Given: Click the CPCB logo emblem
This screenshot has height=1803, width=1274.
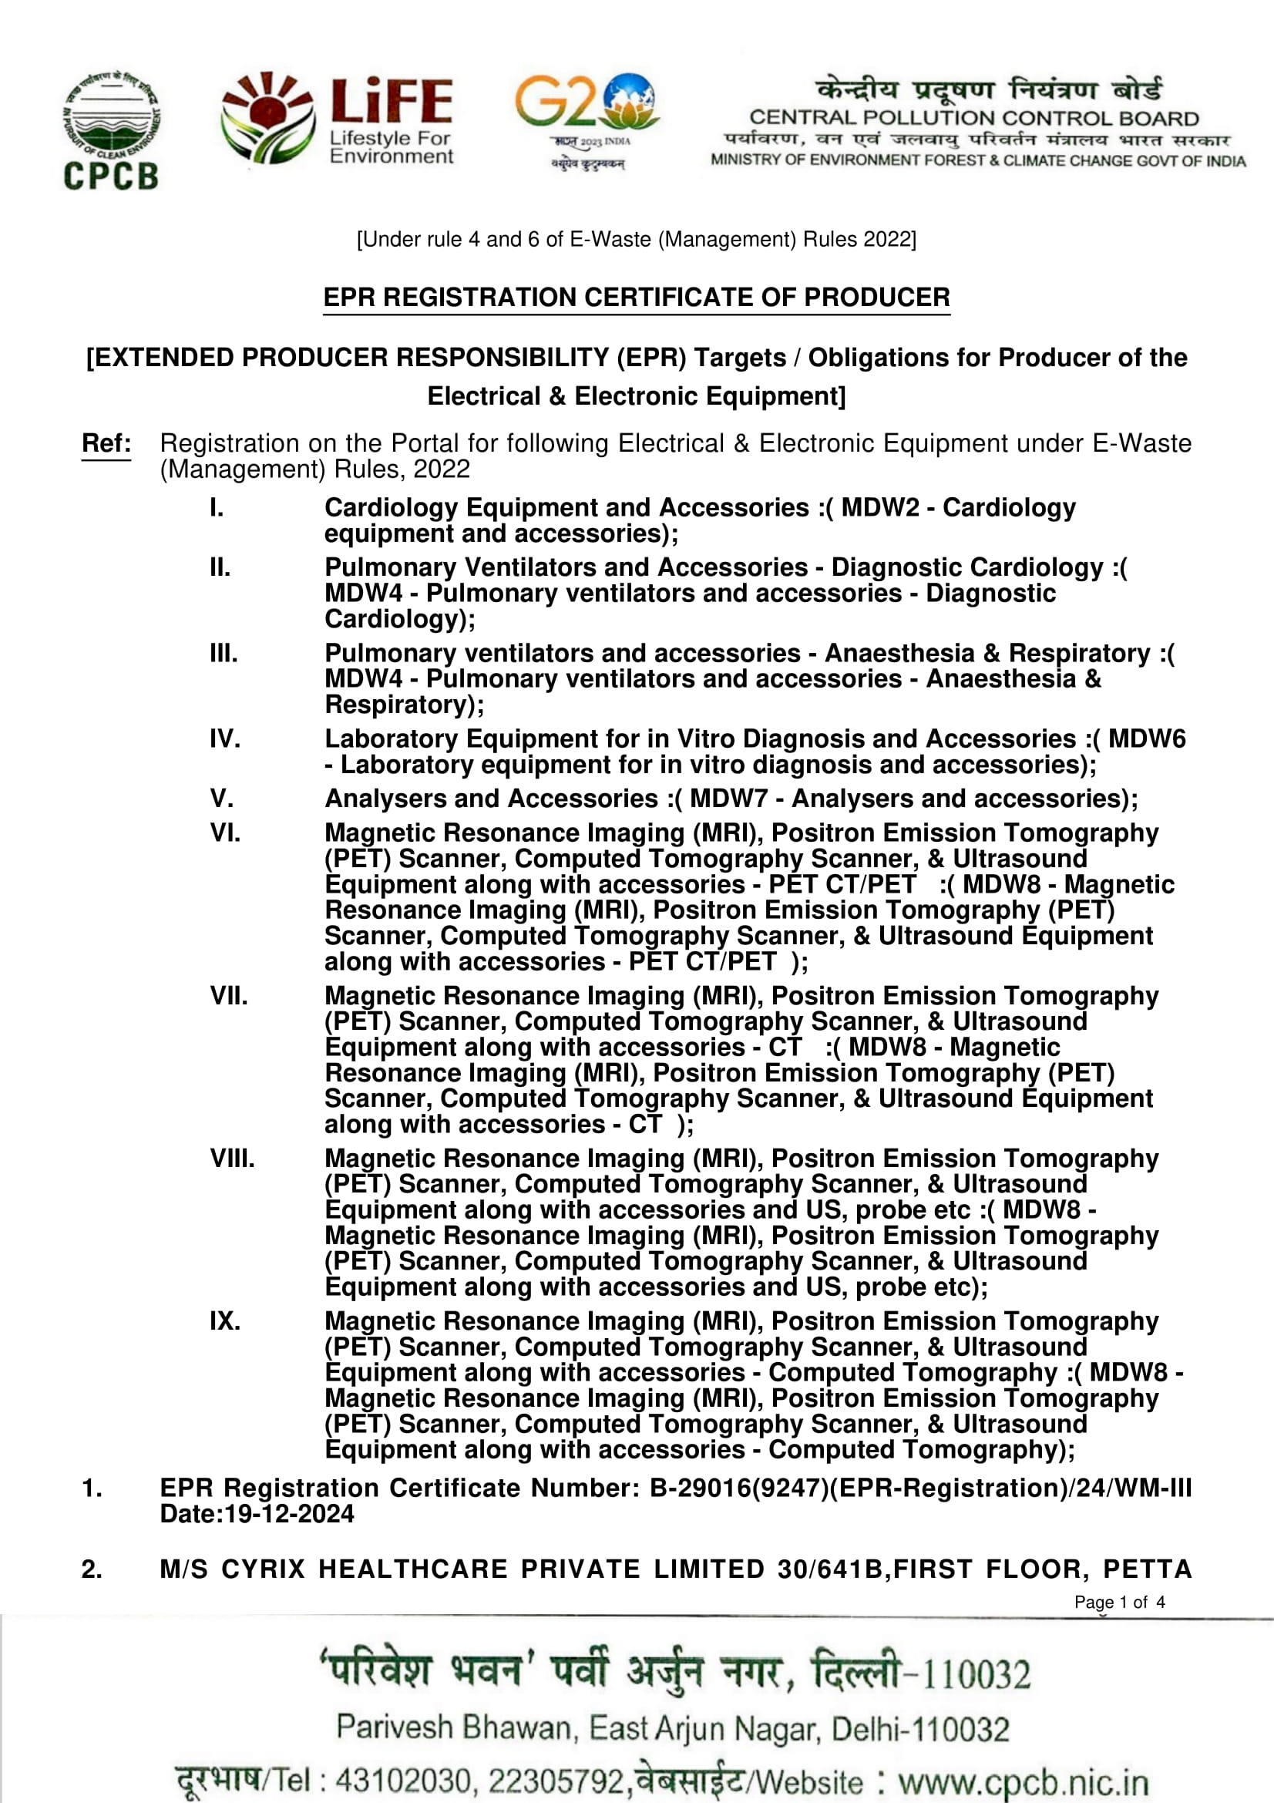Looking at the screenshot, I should click(x=111, y=130).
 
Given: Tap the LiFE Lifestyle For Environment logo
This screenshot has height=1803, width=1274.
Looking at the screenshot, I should click(x=338, y=119).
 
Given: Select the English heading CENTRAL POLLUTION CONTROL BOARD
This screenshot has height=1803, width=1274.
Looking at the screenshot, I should click(x=973, y=119).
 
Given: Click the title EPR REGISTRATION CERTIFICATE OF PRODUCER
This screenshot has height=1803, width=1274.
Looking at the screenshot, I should click(x=637, y=298).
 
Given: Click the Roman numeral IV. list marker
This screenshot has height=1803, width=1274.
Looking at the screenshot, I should click(x=224, y=739).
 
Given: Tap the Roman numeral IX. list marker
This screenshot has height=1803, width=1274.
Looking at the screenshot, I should click(x=224, y=1321).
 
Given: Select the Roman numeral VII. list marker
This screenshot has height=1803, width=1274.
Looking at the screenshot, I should click(x=228, y=996).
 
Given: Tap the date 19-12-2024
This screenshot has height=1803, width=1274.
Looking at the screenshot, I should click(x=289, y=1514).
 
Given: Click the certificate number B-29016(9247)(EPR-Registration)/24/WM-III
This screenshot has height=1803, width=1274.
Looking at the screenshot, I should click(x=920, y=1488).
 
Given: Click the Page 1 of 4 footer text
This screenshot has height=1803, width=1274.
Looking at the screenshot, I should click(x=1119, y=1602).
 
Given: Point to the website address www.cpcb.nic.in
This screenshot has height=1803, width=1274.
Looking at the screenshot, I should click(x=1024, y=1781).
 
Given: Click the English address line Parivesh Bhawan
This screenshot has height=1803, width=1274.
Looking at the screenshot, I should click(x=673, y=1728).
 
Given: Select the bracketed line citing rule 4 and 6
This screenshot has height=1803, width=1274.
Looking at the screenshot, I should click(x=637, y=240).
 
